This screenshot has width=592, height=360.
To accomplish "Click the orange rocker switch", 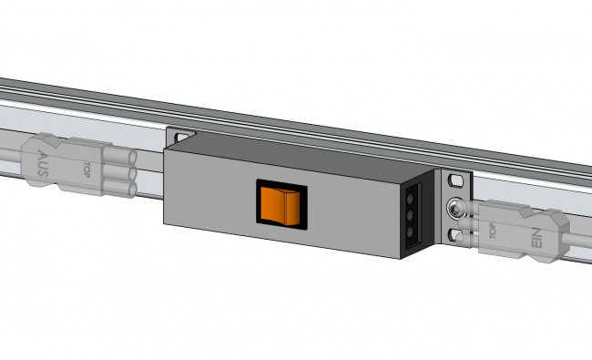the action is (x=280, y=204).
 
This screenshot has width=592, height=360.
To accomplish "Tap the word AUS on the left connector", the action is (x=43, y=163).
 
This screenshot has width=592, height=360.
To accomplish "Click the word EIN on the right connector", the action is (x=536, y=238).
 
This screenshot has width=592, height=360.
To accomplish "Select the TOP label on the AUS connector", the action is (x=87, y=170).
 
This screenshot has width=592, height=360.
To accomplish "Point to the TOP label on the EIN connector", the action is (x=493, y=231).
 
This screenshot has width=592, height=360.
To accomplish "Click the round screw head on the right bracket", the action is (x=454, y=209).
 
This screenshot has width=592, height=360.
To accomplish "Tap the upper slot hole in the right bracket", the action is (x=456, y=180).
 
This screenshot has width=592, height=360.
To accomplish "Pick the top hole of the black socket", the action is (x=411, y=198).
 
